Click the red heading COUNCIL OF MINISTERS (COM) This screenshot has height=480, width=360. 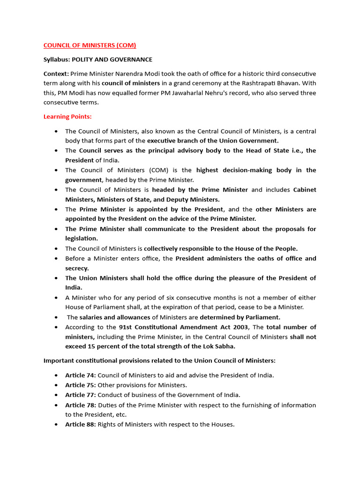pyautogui.click(x=90, y=45)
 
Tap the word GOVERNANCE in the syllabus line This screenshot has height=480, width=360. pyautogui.click(x=130, y=60)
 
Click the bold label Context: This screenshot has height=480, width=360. pyautogui.click(x=56, y=74)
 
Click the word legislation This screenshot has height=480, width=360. pyautogui.click(x=81, y=239)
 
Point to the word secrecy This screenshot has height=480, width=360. pyautogui.click(x=76, y=268)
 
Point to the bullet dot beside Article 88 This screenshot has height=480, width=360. pyautogui.click(x=56, y=425)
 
